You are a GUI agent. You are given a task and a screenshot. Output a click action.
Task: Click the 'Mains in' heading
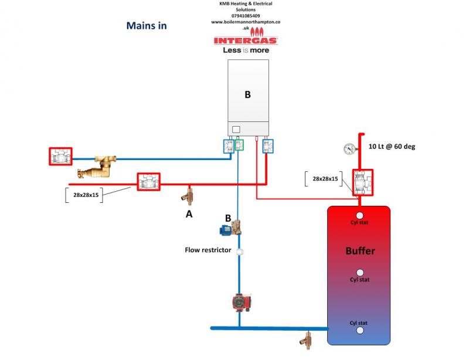(147, 26)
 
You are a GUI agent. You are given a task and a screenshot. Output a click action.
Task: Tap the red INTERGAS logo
(246, 40)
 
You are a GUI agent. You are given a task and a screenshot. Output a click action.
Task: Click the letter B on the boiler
(247, 94)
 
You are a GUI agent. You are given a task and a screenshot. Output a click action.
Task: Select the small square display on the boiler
(236, 129)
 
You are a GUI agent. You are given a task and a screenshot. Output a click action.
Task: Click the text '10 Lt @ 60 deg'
(392, 147)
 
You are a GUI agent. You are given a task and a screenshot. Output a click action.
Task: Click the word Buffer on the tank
(360, 251)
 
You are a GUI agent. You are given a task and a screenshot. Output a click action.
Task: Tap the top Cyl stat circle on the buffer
(360, 215)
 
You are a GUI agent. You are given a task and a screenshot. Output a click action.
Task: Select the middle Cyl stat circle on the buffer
(360, 273)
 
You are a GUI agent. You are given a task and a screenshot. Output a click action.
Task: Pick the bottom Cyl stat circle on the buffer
(360, 330)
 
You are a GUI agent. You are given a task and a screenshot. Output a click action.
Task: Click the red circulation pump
(239, 302)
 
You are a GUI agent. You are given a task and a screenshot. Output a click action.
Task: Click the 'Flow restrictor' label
(208, 250)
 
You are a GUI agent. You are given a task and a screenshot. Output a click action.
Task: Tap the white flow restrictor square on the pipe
(240, 251)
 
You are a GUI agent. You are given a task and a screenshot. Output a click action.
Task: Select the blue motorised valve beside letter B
(233, 227)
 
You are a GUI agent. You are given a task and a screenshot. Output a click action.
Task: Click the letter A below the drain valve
(189, 215)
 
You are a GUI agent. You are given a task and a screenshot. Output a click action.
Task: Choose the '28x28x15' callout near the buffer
(324, 179)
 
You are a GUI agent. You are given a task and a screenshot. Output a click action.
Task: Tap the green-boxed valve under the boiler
(239, 145)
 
